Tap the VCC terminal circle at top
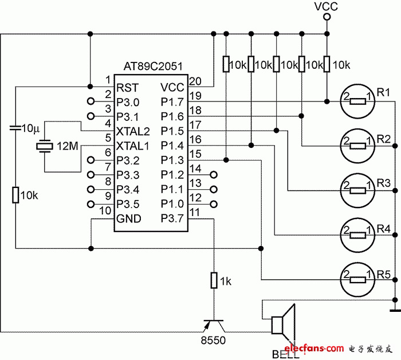tap(327, 18)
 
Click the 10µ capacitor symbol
tap(16, 130)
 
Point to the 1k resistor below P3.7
tap(214, 280)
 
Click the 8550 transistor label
tap(213, 341)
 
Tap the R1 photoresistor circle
tap(358, 101)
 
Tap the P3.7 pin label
tap(172, 219)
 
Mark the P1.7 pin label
tap(172, 102)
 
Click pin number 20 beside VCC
tap(195, 81)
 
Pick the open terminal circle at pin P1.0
tap(214, 204)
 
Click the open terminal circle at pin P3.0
tap(91, 102)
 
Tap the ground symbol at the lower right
tap(394, 311)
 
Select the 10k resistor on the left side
tap(16, 195)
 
